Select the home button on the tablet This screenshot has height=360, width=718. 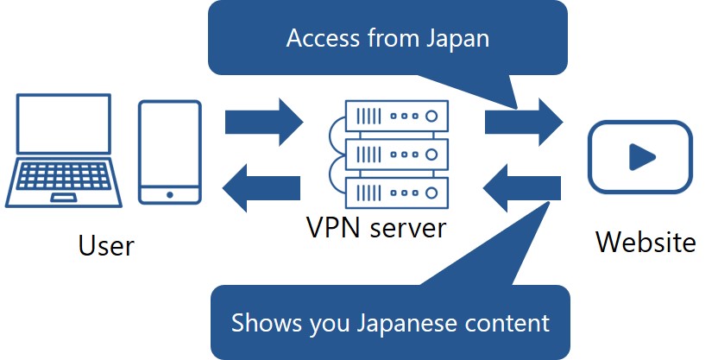coord(170,194)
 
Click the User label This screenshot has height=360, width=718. coord(106,245)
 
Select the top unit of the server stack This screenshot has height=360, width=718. coord(397,114)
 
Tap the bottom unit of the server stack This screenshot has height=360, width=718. coord(397,189)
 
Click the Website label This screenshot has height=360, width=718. coord(646,243)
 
